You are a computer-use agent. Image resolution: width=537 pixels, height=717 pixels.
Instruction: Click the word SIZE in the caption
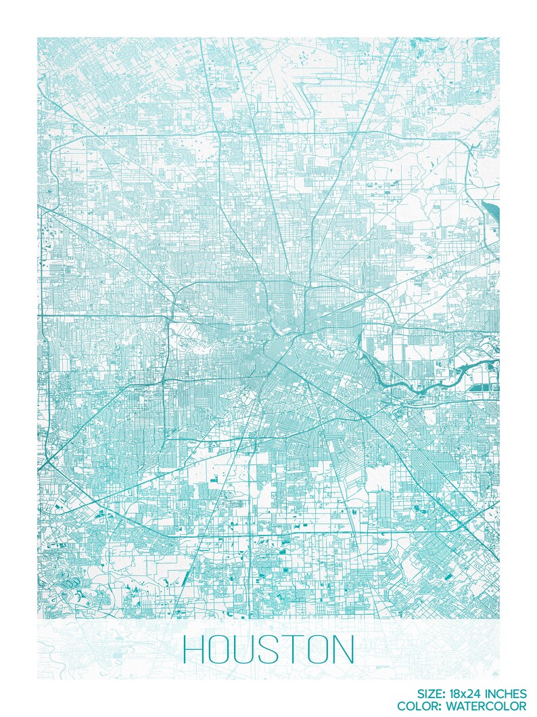point(432,693)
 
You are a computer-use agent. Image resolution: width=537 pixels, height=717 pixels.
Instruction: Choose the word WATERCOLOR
point(493,705)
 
